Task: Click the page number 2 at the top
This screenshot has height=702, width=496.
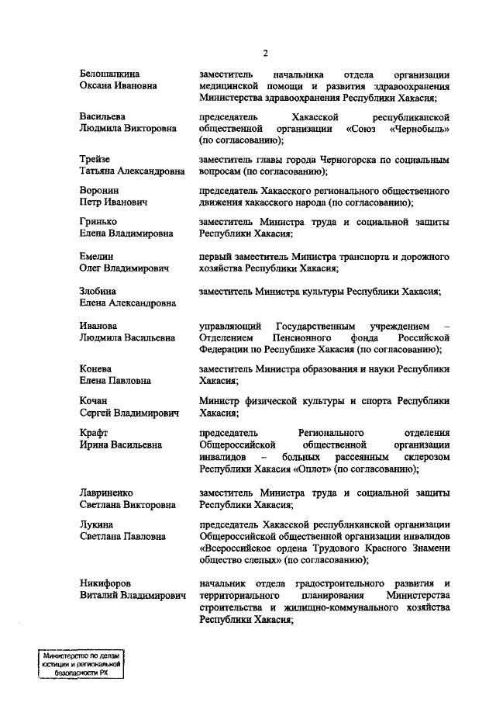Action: (265, 53)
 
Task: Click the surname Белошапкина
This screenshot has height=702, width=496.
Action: (115, 74)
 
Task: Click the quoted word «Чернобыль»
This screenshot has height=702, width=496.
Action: (418, 129)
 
